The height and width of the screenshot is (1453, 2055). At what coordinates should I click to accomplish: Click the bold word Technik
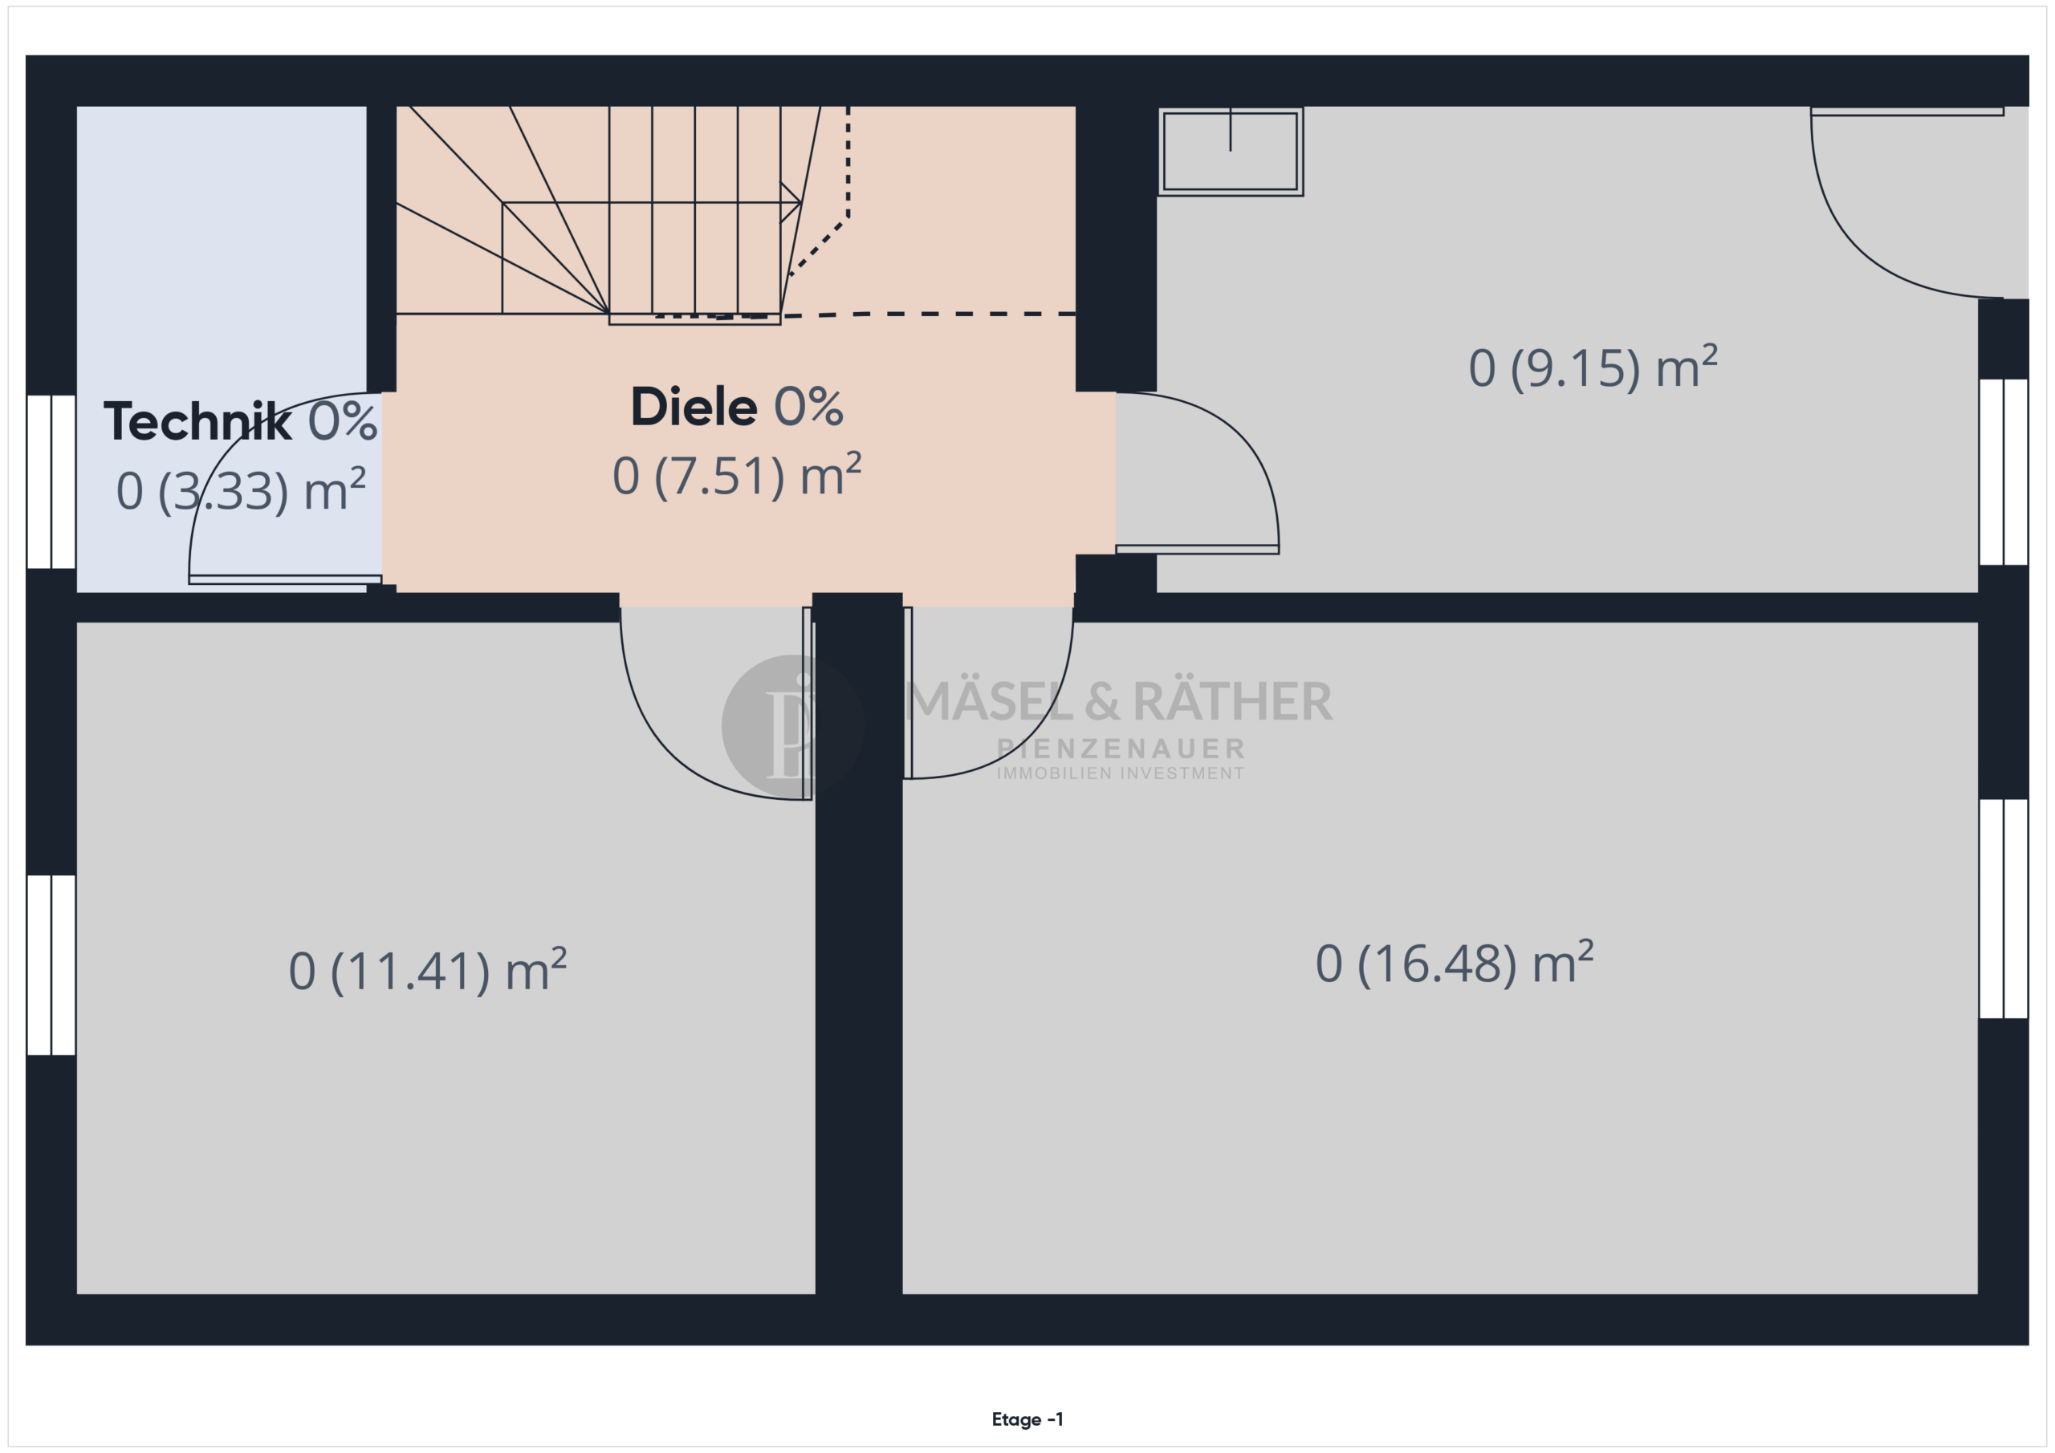tap(197, 421)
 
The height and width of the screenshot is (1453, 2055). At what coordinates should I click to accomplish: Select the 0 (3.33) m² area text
tap(241, 490)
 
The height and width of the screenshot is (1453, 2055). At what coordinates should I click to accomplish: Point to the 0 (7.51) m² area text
tap(737, 475)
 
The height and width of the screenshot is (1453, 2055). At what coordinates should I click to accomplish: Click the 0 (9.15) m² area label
tap(1593, 367)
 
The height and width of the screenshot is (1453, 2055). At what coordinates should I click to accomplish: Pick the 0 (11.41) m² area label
tap(428, 971)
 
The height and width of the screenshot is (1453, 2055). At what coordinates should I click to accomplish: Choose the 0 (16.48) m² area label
tap(1455, 964)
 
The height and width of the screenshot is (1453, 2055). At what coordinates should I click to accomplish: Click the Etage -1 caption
tap(1027, 1419)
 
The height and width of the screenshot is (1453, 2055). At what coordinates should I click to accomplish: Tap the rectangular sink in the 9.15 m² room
tap(1231, 151)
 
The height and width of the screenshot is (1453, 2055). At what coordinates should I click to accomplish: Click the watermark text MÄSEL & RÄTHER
tap(1119, 700)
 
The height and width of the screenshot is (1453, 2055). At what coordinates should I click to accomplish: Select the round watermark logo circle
tap(792, 725)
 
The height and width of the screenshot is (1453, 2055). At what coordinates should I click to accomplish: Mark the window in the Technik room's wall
tap(51, 481)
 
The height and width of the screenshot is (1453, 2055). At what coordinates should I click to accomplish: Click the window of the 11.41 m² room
tap(51, 965)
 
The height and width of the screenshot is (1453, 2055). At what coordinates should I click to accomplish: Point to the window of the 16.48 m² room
tap(2003, 909)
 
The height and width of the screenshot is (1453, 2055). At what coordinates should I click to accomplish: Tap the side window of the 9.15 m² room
tap(2003, 473)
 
